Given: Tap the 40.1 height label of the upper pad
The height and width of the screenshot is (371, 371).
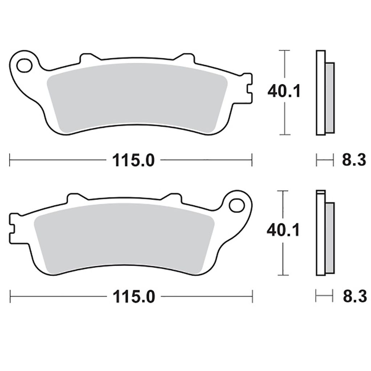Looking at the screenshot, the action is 284,91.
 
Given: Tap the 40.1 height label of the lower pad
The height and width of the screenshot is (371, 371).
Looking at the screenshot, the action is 283,230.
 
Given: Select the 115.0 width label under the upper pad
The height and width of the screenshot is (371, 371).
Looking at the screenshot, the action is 133,161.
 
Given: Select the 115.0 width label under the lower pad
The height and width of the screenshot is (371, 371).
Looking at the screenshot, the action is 134,297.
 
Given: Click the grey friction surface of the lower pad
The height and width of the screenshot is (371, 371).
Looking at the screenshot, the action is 124,238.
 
